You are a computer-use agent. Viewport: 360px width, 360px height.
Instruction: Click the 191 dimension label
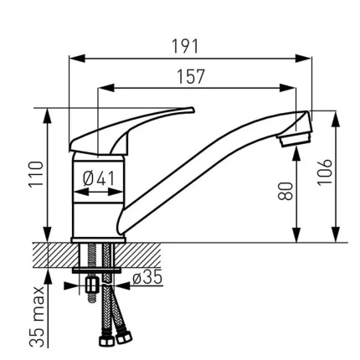coord(185,46)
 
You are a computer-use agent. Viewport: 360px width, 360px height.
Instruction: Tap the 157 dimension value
coord(191,76)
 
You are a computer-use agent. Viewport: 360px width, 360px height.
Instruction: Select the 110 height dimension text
coord(37,173)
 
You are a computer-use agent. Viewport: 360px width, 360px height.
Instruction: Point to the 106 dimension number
coord(325,172)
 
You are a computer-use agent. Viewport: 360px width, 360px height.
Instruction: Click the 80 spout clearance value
coord(285,191)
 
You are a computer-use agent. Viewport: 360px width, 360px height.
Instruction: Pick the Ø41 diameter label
coord(99,178)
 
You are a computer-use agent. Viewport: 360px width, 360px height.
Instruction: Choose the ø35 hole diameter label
coord(147,278)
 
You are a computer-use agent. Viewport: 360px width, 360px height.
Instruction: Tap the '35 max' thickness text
coord(37,316)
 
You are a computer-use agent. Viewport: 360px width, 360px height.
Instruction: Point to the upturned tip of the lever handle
coord(190,110)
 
